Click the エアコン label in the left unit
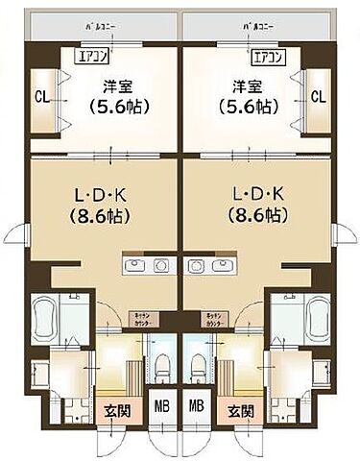pos(90,55)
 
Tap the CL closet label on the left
pos(43,97)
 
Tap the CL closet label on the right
pos(318,97)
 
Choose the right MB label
pos(196,405)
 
